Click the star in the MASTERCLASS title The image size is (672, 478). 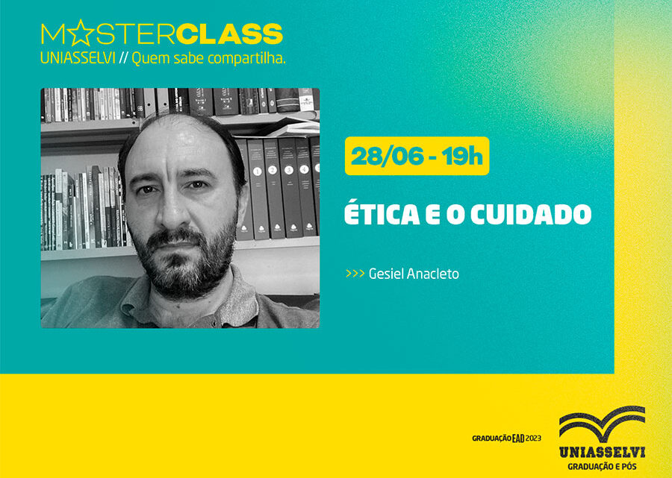click(81, 34)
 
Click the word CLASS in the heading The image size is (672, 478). click(231, 34)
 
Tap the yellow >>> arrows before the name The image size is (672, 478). click(355, 274)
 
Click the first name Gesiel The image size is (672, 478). click(385, 274)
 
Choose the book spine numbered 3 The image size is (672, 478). click(289, 171)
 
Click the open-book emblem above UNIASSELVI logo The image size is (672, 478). click(602, 424)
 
